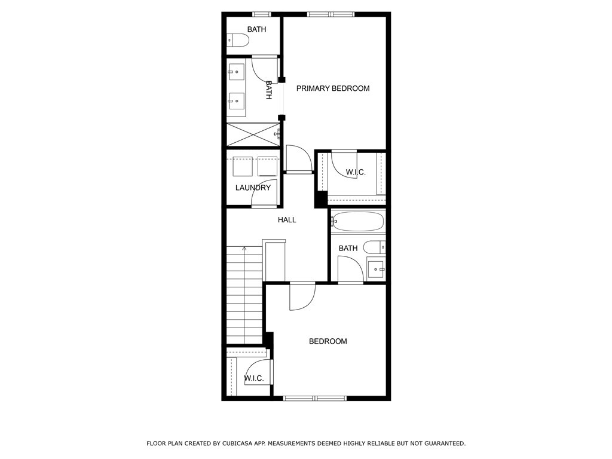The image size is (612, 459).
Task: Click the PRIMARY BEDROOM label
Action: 333,88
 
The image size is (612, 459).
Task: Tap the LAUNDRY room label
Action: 253,188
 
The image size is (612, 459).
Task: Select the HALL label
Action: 287,220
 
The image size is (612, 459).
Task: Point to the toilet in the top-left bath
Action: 238,40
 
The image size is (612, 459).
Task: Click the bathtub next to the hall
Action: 357,222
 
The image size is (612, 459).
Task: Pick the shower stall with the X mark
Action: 253,134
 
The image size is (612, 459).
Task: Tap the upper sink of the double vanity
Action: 235,72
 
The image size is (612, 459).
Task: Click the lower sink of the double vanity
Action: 235,100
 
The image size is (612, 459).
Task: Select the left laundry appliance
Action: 243,166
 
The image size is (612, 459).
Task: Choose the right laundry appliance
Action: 267,166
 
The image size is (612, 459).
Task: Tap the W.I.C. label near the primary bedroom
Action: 356,172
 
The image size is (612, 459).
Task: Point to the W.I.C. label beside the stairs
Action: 254,378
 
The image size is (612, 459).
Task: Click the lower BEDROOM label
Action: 328,341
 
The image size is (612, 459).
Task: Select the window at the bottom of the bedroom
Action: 314,399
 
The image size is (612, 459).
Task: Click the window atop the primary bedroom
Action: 331,14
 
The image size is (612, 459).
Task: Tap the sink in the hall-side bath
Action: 377,270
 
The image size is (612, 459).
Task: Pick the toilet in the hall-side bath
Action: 374,247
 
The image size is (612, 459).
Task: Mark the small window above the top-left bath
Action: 262,14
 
